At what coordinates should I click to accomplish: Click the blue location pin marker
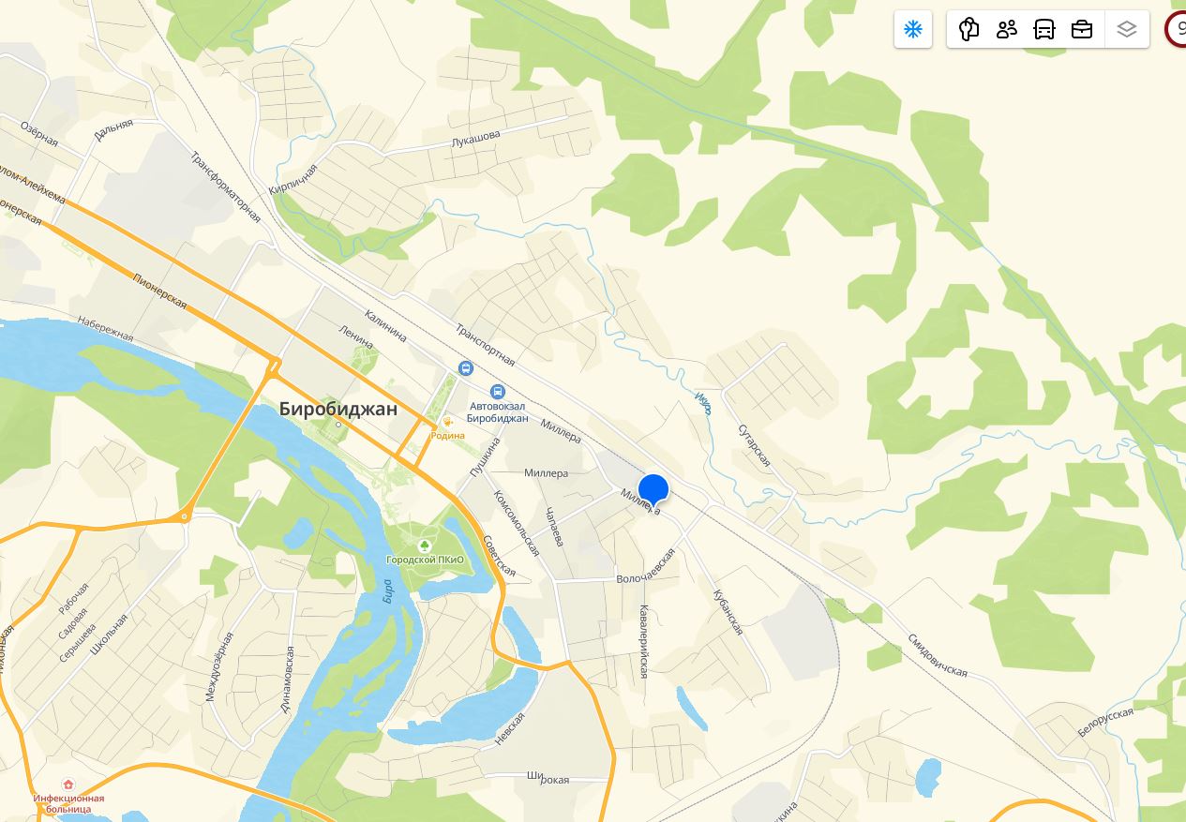click(653, 490)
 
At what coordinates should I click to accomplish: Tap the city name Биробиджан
click(338, 410)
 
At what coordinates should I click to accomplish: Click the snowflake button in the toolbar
click(913, 30)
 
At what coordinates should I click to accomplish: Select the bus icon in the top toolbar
click(1044, 30)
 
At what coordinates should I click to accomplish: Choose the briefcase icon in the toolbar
click(1082, 30)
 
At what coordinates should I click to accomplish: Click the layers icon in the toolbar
click(1127, 30)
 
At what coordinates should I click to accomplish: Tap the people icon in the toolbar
click(1007, 30)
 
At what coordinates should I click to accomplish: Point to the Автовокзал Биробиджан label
click(498, 412)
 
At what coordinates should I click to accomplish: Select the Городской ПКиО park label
click(425, 560)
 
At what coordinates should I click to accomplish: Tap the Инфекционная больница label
click(68, 803)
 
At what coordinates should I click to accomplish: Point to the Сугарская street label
click(754, 443)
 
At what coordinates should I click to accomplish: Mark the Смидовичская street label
click(937, 655)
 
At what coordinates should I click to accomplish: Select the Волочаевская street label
click(645, 566)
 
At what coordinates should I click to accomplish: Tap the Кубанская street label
click(728, 612)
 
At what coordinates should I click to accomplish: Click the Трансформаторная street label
click(225, 187)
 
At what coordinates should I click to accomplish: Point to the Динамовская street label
click(288, 680)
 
